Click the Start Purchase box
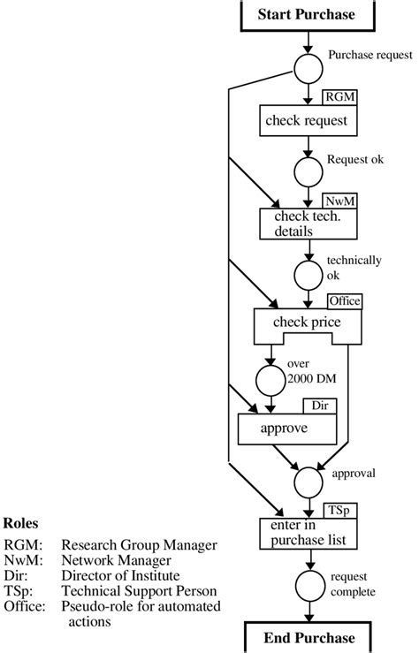tap(306, 15)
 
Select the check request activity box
tap(306, 121)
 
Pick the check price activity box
tap(308, 323)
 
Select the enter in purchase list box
tap(306, 533)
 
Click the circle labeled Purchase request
tap(306, 68)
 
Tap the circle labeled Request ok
tap(306, 172)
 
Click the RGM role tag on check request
tap(338, 96)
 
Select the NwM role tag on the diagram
tap(337, 201)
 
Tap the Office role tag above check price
tap(344, 301)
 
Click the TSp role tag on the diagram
tap(339, 510)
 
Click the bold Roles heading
tap(20, 521)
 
